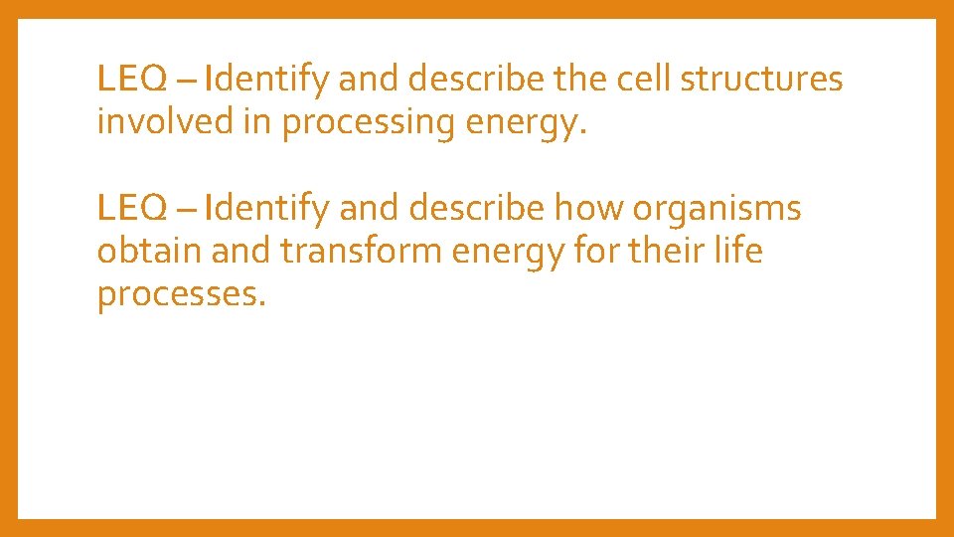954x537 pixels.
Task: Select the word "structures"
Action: point(761,79)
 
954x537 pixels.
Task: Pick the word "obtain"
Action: point(148,252)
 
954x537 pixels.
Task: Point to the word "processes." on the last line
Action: point(182,295)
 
